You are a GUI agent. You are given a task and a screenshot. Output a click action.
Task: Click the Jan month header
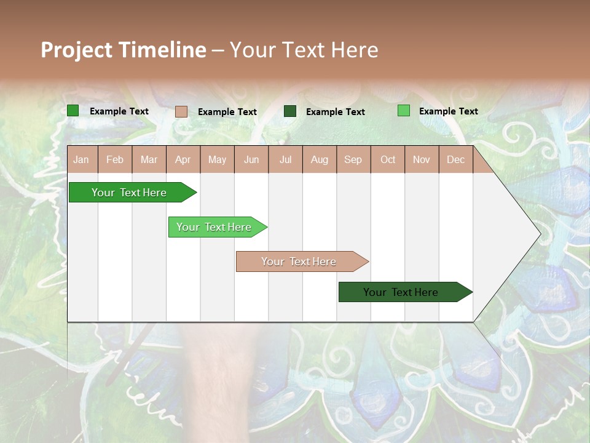82,159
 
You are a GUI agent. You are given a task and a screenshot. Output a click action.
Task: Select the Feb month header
115,159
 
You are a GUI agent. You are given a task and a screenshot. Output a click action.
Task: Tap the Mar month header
149,159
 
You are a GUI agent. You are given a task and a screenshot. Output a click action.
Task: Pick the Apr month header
183,159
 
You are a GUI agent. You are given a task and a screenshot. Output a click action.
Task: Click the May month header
217,159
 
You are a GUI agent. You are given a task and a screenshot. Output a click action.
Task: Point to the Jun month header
251,159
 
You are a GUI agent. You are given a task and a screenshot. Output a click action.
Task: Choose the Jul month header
285,159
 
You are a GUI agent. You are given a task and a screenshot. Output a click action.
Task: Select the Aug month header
320,159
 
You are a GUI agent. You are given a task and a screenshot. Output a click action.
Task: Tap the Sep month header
353,159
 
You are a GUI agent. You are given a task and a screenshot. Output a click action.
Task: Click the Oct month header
388,159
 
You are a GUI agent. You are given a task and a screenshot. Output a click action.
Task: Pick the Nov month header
422,159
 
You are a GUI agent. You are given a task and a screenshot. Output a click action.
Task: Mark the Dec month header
456,159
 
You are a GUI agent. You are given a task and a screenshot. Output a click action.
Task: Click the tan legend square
181,111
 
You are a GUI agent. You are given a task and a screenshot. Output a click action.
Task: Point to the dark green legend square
290,111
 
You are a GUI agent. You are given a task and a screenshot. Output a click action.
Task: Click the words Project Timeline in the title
124,50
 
